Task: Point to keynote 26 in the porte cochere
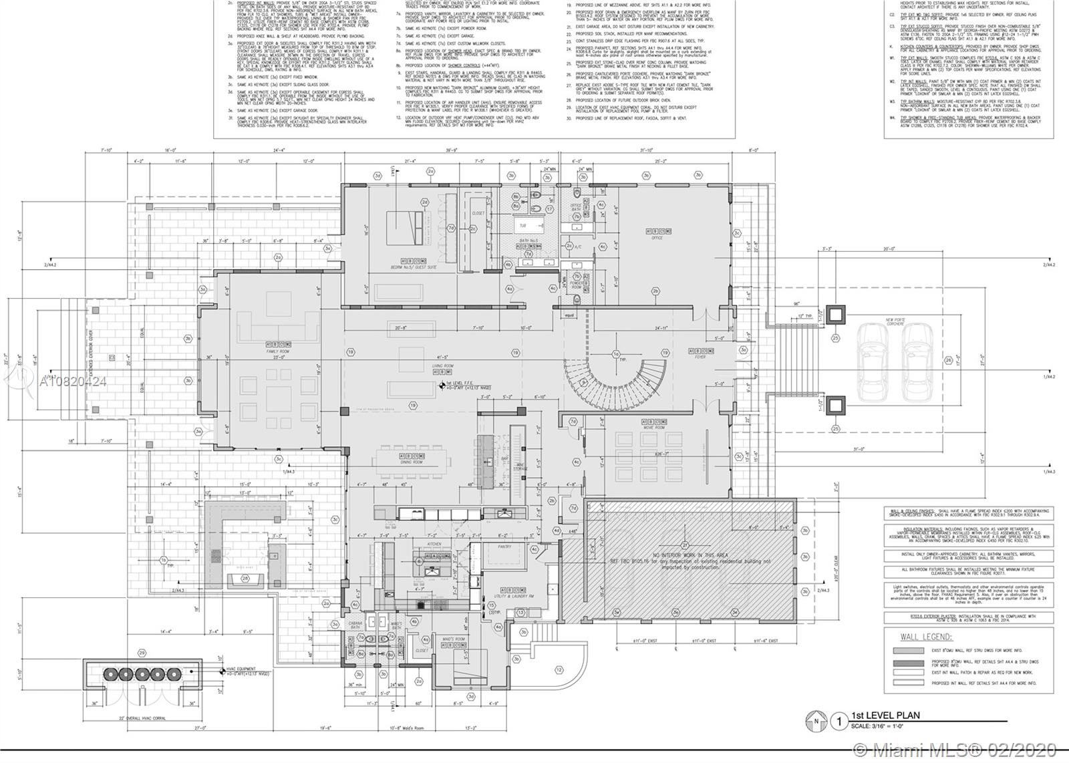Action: (948, 360)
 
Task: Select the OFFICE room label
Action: (657, 238)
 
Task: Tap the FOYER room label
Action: (700, 357)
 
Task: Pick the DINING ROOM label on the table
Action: (412, 462)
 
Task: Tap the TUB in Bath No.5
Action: (523, 226)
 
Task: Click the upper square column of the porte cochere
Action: (835, 314)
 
